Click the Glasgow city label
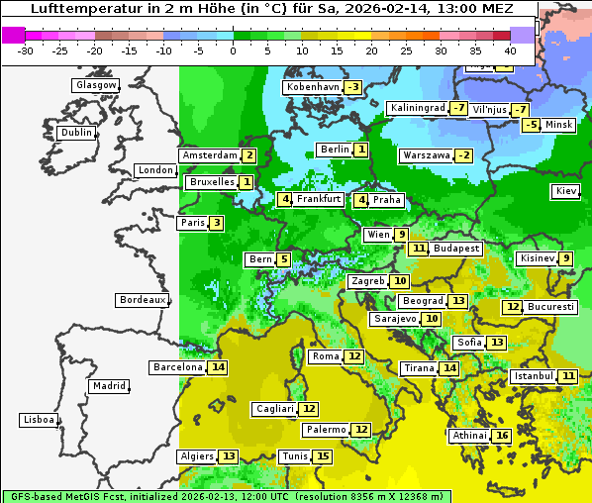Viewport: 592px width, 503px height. click(x=95, y=85)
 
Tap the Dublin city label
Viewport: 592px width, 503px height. click(x=75, y=133)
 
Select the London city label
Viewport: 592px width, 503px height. click(x=155, y=170)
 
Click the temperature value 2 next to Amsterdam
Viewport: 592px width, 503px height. click(x=249, y=155)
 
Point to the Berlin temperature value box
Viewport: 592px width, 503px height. click(x=361, y=150)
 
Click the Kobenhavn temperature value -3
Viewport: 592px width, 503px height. click(x=352, y=87)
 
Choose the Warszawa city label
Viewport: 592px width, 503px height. click(x=425, y=155)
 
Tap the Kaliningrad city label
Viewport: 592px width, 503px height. click(x=417, y=108)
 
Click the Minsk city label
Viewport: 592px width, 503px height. click(x=558, y=125)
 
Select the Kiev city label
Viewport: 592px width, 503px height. click(x=566, y=191)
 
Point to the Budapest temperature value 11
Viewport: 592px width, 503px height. click(x=420, y=249)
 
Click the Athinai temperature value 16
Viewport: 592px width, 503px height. click(x=502, y=436)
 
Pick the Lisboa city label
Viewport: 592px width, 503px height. click(x=39, y=420)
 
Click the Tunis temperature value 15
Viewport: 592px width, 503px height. click(x=323, y=456)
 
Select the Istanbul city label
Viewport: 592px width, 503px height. click(x=534, y=377)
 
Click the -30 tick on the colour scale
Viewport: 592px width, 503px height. click(x=26, y=50)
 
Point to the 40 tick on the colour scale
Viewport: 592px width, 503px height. click(x=510, y=50)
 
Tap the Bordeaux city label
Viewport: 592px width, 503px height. click(x=142, y=300)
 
